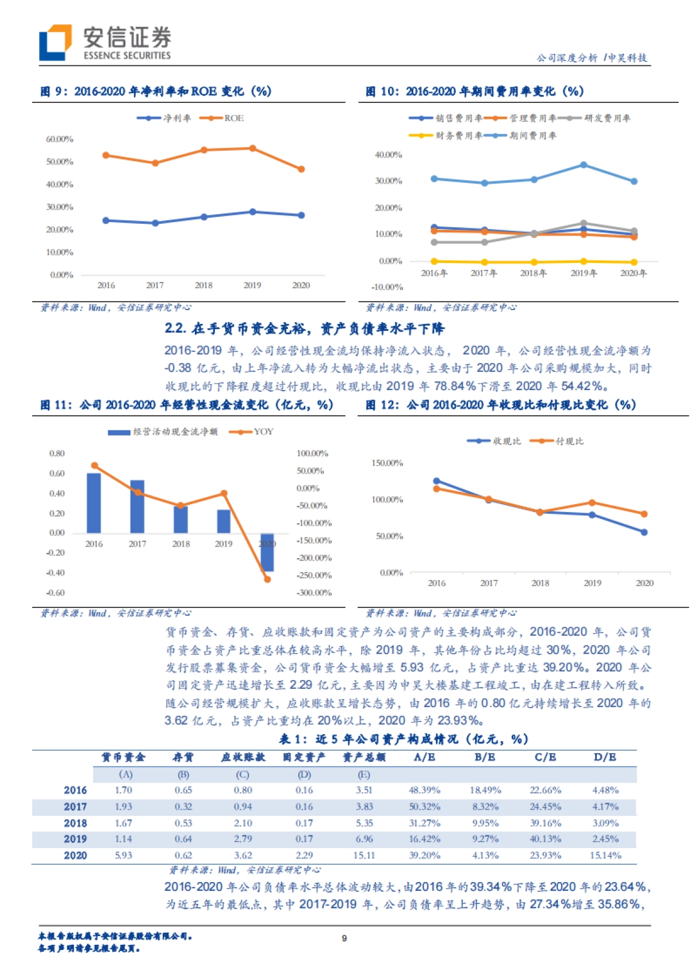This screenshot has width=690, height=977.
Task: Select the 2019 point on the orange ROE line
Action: coord(252,148)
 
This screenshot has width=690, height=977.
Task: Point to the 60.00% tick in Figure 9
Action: coord(59,139)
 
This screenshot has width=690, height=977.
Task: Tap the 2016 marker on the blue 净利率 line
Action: coord(106,220)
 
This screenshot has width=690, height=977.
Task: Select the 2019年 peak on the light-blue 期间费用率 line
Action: coord(584,165)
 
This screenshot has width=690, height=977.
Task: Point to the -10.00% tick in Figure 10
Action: coord(388,287)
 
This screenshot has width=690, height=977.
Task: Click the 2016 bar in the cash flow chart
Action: coord(94,503)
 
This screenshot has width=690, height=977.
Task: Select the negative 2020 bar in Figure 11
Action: coord(267,552)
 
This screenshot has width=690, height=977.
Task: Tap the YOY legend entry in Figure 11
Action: coord(253,432)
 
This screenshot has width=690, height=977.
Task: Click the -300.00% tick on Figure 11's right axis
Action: coord(314,593)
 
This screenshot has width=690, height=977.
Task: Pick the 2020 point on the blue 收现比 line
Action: coord(644,532)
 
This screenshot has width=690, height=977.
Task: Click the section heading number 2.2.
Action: coord(175,329)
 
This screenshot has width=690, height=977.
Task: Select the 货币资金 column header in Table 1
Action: coord(123,757)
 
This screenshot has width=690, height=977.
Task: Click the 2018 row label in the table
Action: coord(75,823)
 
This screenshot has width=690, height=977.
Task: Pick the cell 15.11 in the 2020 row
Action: coord(364,856)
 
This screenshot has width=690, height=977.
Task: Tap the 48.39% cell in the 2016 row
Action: coord(424,791)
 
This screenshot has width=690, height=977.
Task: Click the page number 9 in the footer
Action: coord(344,938)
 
